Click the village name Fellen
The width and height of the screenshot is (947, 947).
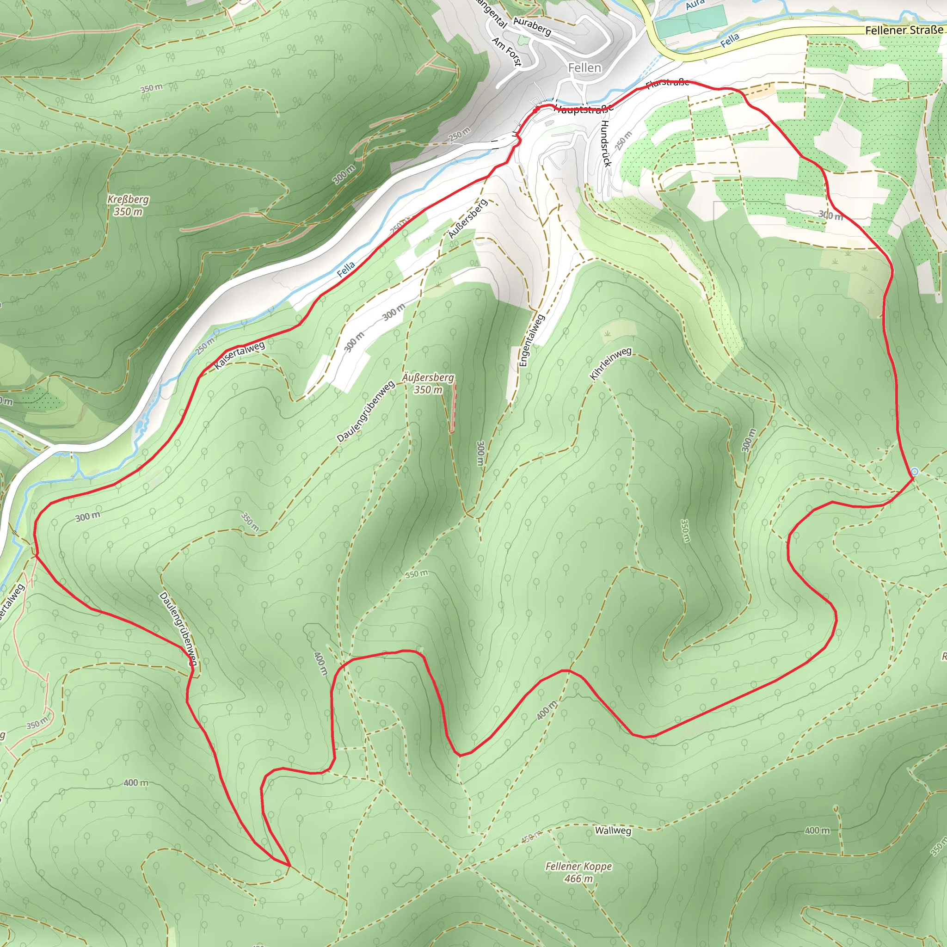tap(584, 68)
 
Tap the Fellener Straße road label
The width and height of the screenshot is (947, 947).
tap(903, 31)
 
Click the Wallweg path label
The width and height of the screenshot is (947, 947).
tap(613, 830)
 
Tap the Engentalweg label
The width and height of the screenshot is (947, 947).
tap(531, 340)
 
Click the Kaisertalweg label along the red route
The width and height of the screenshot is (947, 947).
tap(240, 356)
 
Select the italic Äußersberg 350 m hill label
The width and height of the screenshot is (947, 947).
tap(428, 383)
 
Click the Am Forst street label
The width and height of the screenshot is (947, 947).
tap(507, 51)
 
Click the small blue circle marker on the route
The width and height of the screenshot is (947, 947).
tap(914, 472)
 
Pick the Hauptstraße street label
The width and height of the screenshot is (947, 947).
tap(583, 109)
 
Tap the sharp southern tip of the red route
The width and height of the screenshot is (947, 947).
tap(289, 865)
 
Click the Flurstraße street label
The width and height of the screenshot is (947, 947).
tap(668, 83)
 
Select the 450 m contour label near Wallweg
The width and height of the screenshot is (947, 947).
tap(531, 836)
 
